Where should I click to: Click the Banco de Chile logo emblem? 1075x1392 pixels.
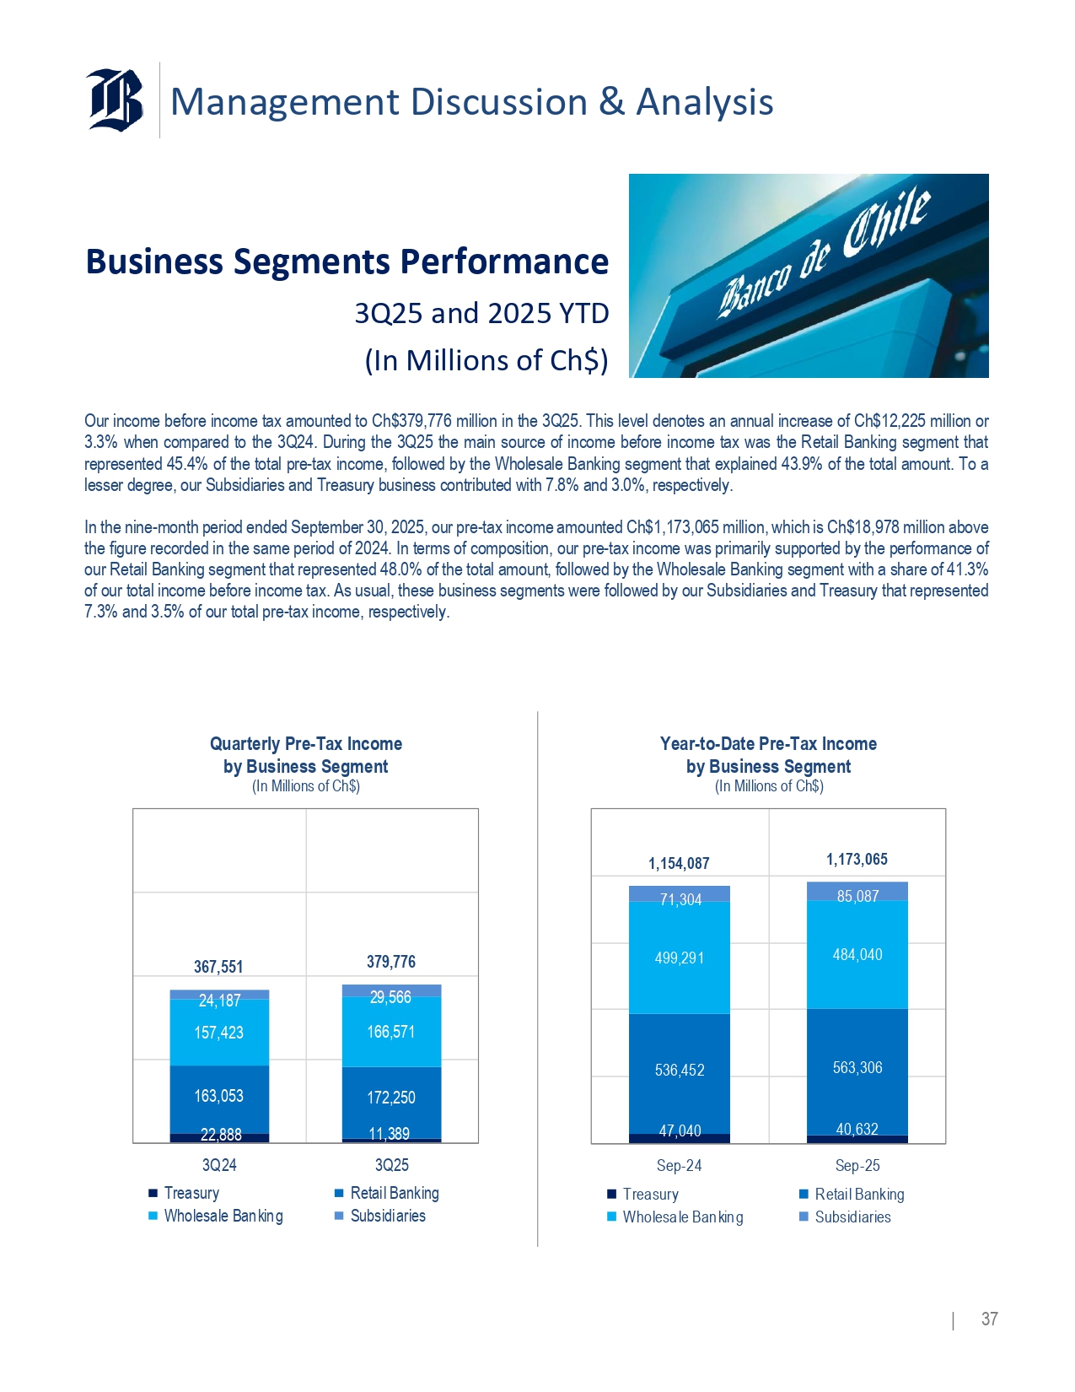(x=115, y=100)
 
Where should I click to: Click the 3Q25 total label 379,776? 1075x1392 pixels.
(x=391, y=962)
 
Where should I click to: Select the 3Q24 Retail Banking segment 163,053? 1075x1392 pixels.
(x=218, y=1096)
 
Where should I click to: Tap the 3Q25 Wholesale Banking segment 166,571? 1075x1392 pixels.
(x=391, y=1032)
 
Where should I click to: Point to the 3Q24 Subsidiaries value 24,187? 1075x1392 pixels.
(x=219, y=1001)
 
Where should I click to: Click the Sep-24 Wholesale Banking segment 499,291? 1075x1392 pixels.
(x=680, y=958)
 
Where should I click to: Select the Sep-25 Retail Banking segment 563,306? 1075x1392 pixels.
(x=857, y=1067)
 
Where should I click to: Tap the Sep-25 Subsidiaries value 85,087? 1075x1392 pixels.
(x=857, y=896)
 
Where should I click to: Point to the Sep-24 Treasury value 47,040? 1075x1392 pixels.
(x=680, y=1130)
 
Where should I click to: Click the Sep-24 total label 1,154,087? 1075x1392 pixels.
(x=679, y=863)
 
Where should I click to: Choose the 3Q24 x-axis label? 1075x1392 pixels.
(x=219, y=1165)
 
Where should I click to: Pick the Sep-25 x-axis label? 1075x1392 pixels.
(x=857, y=1165)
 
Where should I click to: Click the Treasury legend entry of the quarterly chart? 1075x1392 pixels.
(x=191, y=1193)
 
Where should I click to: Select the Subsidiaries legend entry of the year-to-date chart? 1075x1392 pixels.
(x=852, y=1217)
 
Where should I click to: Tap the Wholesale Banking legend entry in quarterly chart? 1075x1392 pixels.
(x=223, y=1216)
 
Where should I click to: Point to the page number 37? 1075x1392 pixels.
(x=989, y=1319)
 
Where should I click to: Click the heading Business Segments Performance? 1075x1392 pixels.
(x=347, y=262)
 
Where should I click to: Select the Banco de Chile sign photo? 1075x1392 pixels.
(x=809, y=276)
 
